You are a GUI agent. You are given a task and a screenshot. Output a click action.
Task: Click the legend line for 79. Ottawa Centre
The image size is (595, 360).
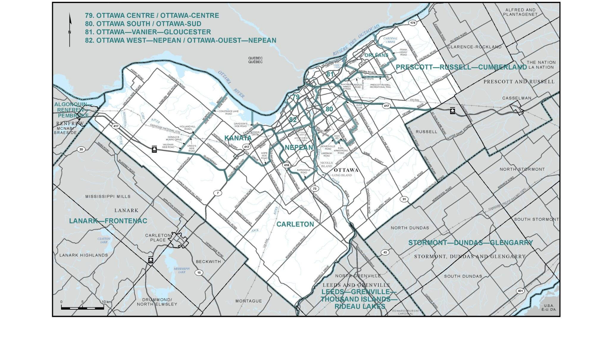[152, 15]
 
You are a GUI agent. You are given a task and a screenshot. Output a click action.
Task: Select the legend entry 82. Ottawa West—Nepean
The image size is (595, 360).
[180, 40]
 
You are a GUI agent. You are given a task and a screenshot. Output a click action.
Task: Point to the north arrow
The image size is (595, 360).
[70, 30]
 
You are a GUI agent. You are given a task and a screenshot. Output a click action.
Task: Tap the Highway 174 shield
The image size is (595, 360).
[412, 23]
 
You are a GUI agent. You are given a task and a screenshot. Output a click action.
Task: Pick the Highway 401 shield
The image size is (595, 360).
[520, 291]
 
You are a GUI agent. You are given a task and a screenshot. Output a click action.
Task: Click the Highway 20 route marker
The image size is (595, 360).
[81, 149]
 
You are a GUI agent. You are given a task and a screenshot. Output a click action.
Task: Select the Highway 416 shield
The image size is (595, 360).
[286, 165]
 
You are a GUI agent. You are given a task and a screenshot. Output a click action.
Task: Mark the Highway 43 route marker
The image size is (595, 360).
[385, 252]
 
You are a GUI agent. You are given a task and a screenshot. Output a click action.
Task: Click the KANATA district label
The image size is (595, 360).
[238, 138]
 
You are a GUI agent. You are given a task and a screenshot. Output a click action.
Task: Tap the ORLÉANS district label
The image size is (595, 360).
[376, 55]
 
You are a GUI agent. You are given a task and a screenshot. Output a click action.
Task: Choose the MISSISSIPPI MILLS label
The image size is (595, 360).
[108, 196]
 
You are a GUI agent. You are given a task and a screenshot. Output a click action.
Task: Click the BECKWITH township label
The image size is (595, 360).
[208, 262]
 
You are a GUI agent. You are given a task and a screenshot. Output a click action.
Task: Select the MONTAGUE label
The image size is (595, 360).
[249, 301]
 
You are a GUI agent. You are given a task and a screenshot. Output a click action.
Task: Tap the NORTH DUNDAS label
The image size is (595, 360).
[410, 228]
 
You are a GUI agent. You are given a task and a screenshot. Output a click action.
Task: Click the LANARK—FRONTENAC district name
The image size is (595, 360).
[108, 221]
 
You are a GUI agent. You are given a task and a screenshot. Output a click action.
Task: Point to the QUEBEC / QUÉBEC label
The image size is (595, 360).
[255, 60]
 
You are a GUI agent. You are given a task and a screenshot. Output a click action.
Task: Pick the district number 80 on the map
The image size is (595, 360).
[329, 109]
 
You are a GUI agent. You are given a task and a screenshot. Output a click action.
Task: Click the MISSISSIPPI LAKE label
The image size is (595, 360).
[182, 270]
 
